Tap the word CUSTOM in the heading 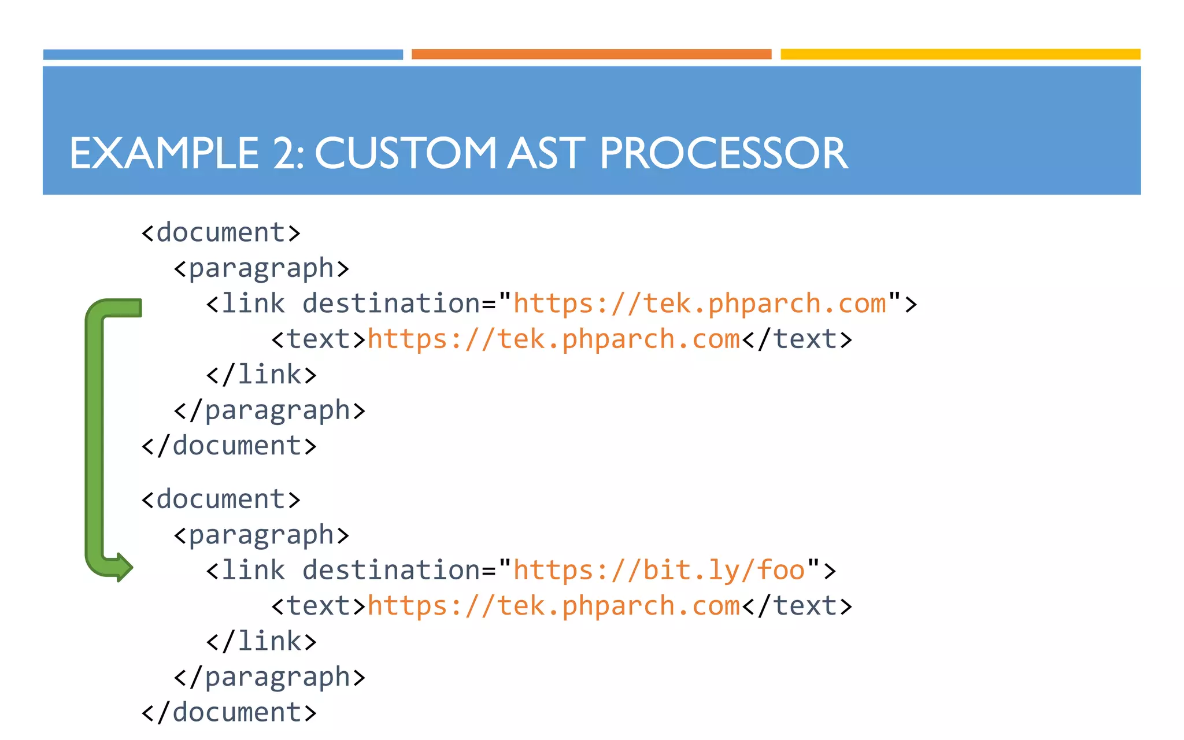click(405, 154)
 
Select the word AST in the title click(546, 154)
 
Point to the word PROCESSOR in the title click(723, 154)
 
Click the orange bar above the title click(591, 54)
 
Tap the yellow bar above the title click(960, 54)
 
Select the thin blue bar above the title click(223, 54)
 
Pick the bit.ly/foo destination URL click(660, 571)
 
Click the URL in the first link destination click(700, 304)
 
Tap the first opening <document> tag click(221, 233)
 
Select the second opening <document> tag click(221, 499)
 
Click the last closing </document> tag click(229, 713)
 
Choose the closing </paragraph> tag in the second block click(269, 678)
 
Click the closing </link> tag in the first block click(261, 375)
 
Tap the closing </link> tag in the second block click(261, 642)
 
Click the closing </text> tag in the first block click(797, 339)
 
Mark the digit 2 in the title click(286, 154)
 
